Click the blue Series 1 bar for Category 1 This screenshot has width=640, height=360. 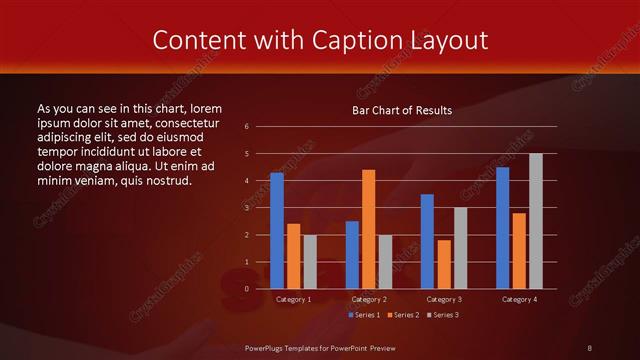click(277, 231)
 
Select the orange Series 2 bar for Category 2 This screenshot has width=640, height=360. click(369, 229)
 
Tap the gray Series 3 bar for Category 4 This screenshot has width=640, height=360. click(536, 221)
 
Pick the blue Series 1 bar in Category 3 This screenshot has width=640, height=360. click(427, 241)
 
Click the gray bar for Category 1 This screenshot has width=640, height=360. click(310, 261)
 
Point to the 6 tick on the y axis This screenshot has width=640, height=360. click(246, 126)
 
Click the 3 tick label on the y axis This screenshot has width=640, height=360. click(246, 208)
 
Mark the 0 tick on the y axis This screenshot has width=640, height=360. click(246, 289)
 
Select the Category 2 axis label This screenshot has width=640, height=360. click(369, 299)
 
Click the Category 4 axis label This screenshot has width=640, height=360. click(519, 299)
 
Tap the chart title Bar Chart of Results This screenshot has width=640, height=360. click(402, 110)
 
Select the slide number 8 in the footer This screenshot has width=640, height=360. click(589, 347)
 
